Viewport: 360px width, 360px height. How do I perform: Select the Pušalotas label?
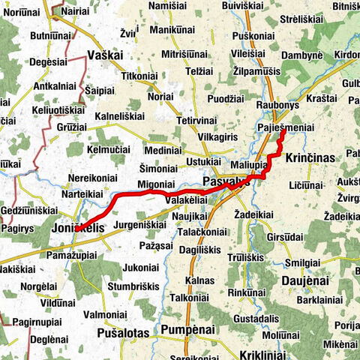tap(125, 331)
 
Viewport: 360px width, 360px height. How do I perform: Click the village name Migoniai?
tap(156, 184)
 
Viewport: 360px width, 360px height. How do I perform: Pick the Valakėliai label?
tap(186, 200)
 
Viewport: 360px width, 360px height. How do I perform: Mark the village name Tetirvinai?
tap(196, 121)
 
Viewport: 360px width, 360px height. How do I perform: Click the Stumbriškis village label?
tap(131, 285)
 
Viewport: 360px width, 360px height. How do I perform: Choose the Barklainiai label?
tap(319, 300)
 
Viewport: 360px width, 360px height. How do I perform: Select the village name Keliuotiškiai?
tap(60, 110)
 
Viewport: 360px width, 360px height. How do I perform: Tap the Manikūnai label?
tap(172, 29)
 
